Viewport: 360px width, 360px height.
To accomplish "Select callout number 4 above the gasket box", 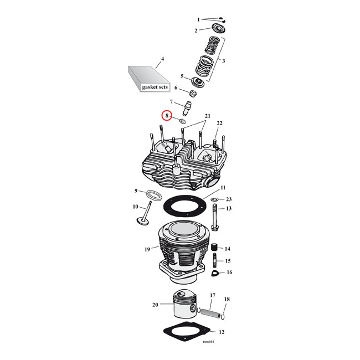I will point(162,59).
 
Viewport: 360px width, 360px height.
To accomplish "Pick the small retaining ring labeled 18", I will point(223,316).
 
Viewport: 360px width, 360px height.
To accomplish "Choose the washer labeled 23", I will point(214,199).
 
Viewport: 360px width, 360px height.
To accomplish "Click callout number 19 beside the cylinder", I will point(147,249).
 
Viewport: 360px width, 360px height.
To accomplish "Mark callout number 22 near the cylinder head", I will point(219,123).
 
